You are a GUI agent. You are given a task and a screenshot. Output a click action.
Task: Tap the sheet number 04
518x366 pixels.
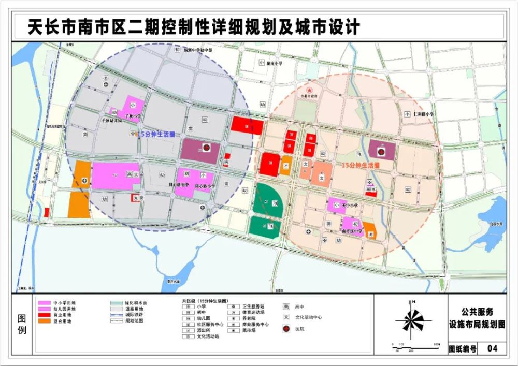point(493,349)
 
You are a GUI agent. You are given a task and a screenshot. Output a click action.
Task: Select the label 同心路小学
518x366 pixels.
point(205,185)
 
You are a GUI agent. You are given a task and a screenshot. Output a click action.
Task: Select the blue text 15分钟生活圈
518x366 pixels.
point(154,134)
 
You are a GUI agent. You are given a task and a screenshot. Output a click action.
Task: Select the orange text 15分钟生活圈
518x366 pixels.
point(361,165)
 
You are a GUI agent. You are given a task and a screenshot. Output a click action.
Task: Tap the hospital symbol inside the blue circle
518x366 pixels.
point(206,148)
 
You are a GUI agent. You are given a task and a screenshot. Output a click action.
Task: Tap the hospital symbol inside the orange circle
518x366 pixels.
point(381,152)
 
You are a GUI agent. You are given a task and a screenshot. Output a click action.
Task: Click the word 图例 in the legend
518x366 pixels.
point(22,323)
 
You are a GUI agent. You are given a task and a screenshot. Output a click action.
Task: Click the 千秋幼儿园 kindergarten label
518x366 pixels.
point(112,120)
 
